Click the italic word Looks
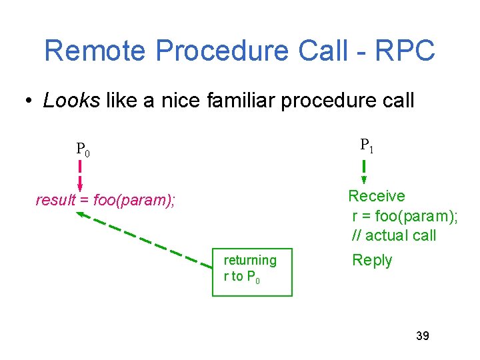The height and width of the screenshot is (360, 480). coord(71,101)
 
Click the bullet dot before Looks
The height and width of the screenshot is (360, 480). coord(29,101)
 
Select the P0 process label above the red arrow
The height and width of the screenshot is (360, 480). coord(83,149)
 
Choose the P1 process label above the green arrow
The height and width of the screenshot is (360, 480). coord(367,145)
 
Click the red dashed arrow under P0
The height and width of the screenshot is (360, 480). coord(80,175)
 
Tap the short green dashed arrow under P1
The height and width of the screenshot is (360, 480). coord(364,171)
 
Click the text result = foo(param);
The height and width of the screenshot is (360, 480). coord(105,200)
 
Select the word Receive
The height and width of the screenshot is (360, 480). coord(377,196)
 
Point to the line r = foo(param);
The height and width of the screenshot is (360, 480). coord(405,215)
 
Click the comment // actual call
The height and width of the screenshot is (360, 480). coord(394,235)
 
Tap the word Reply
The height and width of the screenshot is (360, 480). coord(372,261)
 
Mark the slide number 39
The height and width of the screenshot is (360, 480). coord(422,335)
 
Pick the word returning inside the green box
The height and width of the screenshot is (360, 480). coord(250,260)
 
